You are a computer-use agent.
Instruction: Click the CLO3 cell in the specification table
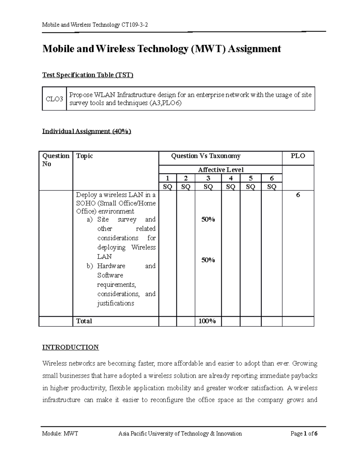tap(54, 99)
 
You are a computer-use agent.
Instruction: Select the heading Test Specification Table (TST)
tap(88, 75)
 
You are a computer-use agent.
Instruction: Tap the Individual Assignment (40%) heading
tap(87, 131)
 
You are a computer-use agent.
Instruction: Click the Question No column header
tap(55, 160)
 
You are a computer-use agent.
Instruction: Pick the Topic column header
tap(85, 156)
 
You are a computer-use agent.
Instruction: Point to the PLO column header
tap(298, 156)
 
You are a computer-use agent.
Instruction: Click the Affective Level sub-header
tap(220, 170)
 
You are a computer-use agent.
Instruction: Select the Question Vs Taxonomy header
tap(205, 156)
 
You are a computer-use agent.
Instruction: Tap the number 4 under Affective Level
tap(230, 178)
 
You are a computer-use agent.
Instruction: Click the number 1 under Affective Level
tap(167, 178)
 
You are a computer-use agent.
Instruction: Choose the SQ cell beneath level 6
tap(271, 187)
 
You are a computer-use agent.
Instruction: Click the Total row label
tap(84, 321)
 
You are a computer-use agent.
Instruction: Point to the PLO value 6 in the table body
tap(298, 195)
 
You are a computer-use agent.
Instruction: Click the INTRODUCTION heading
tap(70, 347)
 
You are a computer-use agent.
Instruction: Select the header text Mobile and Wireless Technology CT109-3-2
tap(95, 25)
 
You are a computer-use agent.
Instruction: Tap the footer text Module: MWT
tap(60, 433)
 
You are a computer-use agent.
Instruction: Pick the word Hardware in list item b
tap(111, 266)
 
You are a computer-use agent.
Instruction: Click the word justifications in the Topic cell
tap(115, 303)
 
